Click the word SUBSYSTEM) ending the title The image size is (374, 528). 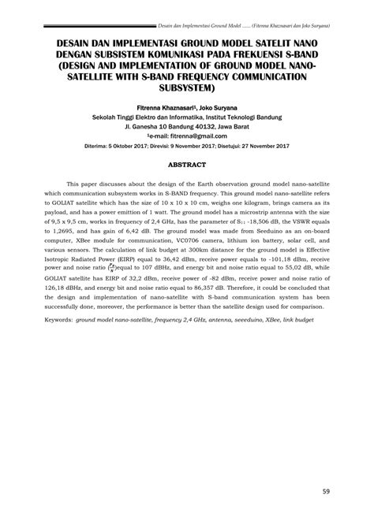[x=186, y=89]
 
